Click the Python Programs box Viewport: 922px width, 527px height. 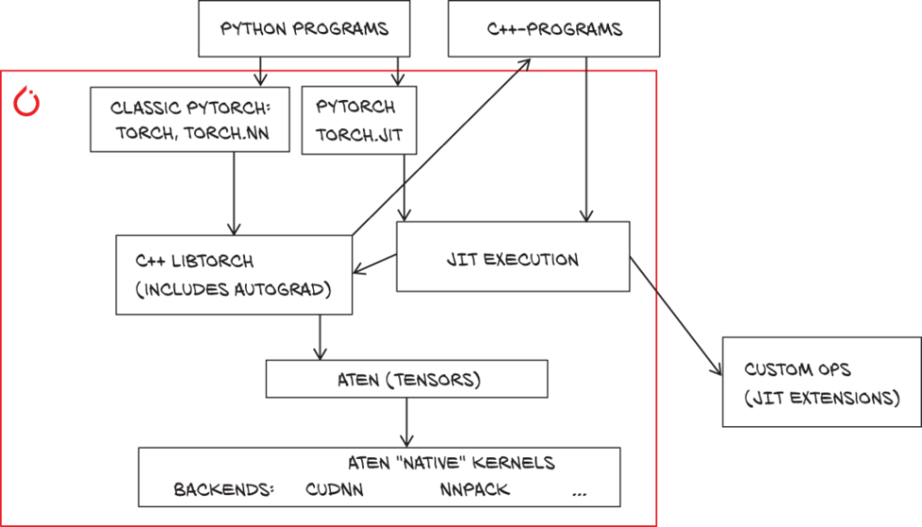[x=304, y=29]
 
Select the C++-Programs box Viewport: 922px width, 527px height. [x=554, y=29]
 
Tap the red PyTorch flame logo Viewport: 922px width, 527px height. [x=26, y=101]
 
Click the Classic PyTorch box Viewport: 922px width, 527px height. [x=190, y=120]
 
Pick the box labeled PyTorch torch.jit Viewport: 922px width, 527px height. [x=359, y=121]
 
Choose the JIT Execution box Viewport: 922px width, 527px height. [x=513, y=257]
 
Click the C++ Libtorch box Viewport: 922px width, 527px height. [x=234, y=275]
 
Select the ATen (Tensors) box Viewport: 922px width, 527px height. [x=407, y=379]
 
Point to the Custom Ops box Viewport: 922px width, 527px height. [x=821, y=383]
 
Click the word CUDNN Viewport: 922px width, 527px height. [x=334, y=490]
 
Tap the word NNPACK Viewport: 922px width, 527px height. [x=475, y=490]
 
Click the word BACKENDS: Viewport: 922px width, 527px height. [x=224, y=490]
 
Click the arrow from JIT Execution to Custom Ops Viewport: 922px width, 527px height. [x=676, y=315]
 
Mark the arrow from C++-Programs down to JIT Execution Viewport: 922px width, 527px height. [x=586, y=140]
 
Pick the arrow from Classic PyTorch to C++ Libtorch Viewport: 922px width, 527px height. [x=234, y=194]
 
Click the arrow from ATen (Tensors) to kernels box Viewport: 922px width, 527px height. [x=407, y=423]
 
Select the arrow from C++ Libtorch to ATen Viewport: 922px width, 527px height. [x=319, y=337]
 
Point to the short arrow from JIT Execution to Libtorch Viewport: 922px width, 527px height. [x=375, y=263]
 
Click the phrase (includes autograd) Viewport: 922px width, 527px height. [x=233, y=290]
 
